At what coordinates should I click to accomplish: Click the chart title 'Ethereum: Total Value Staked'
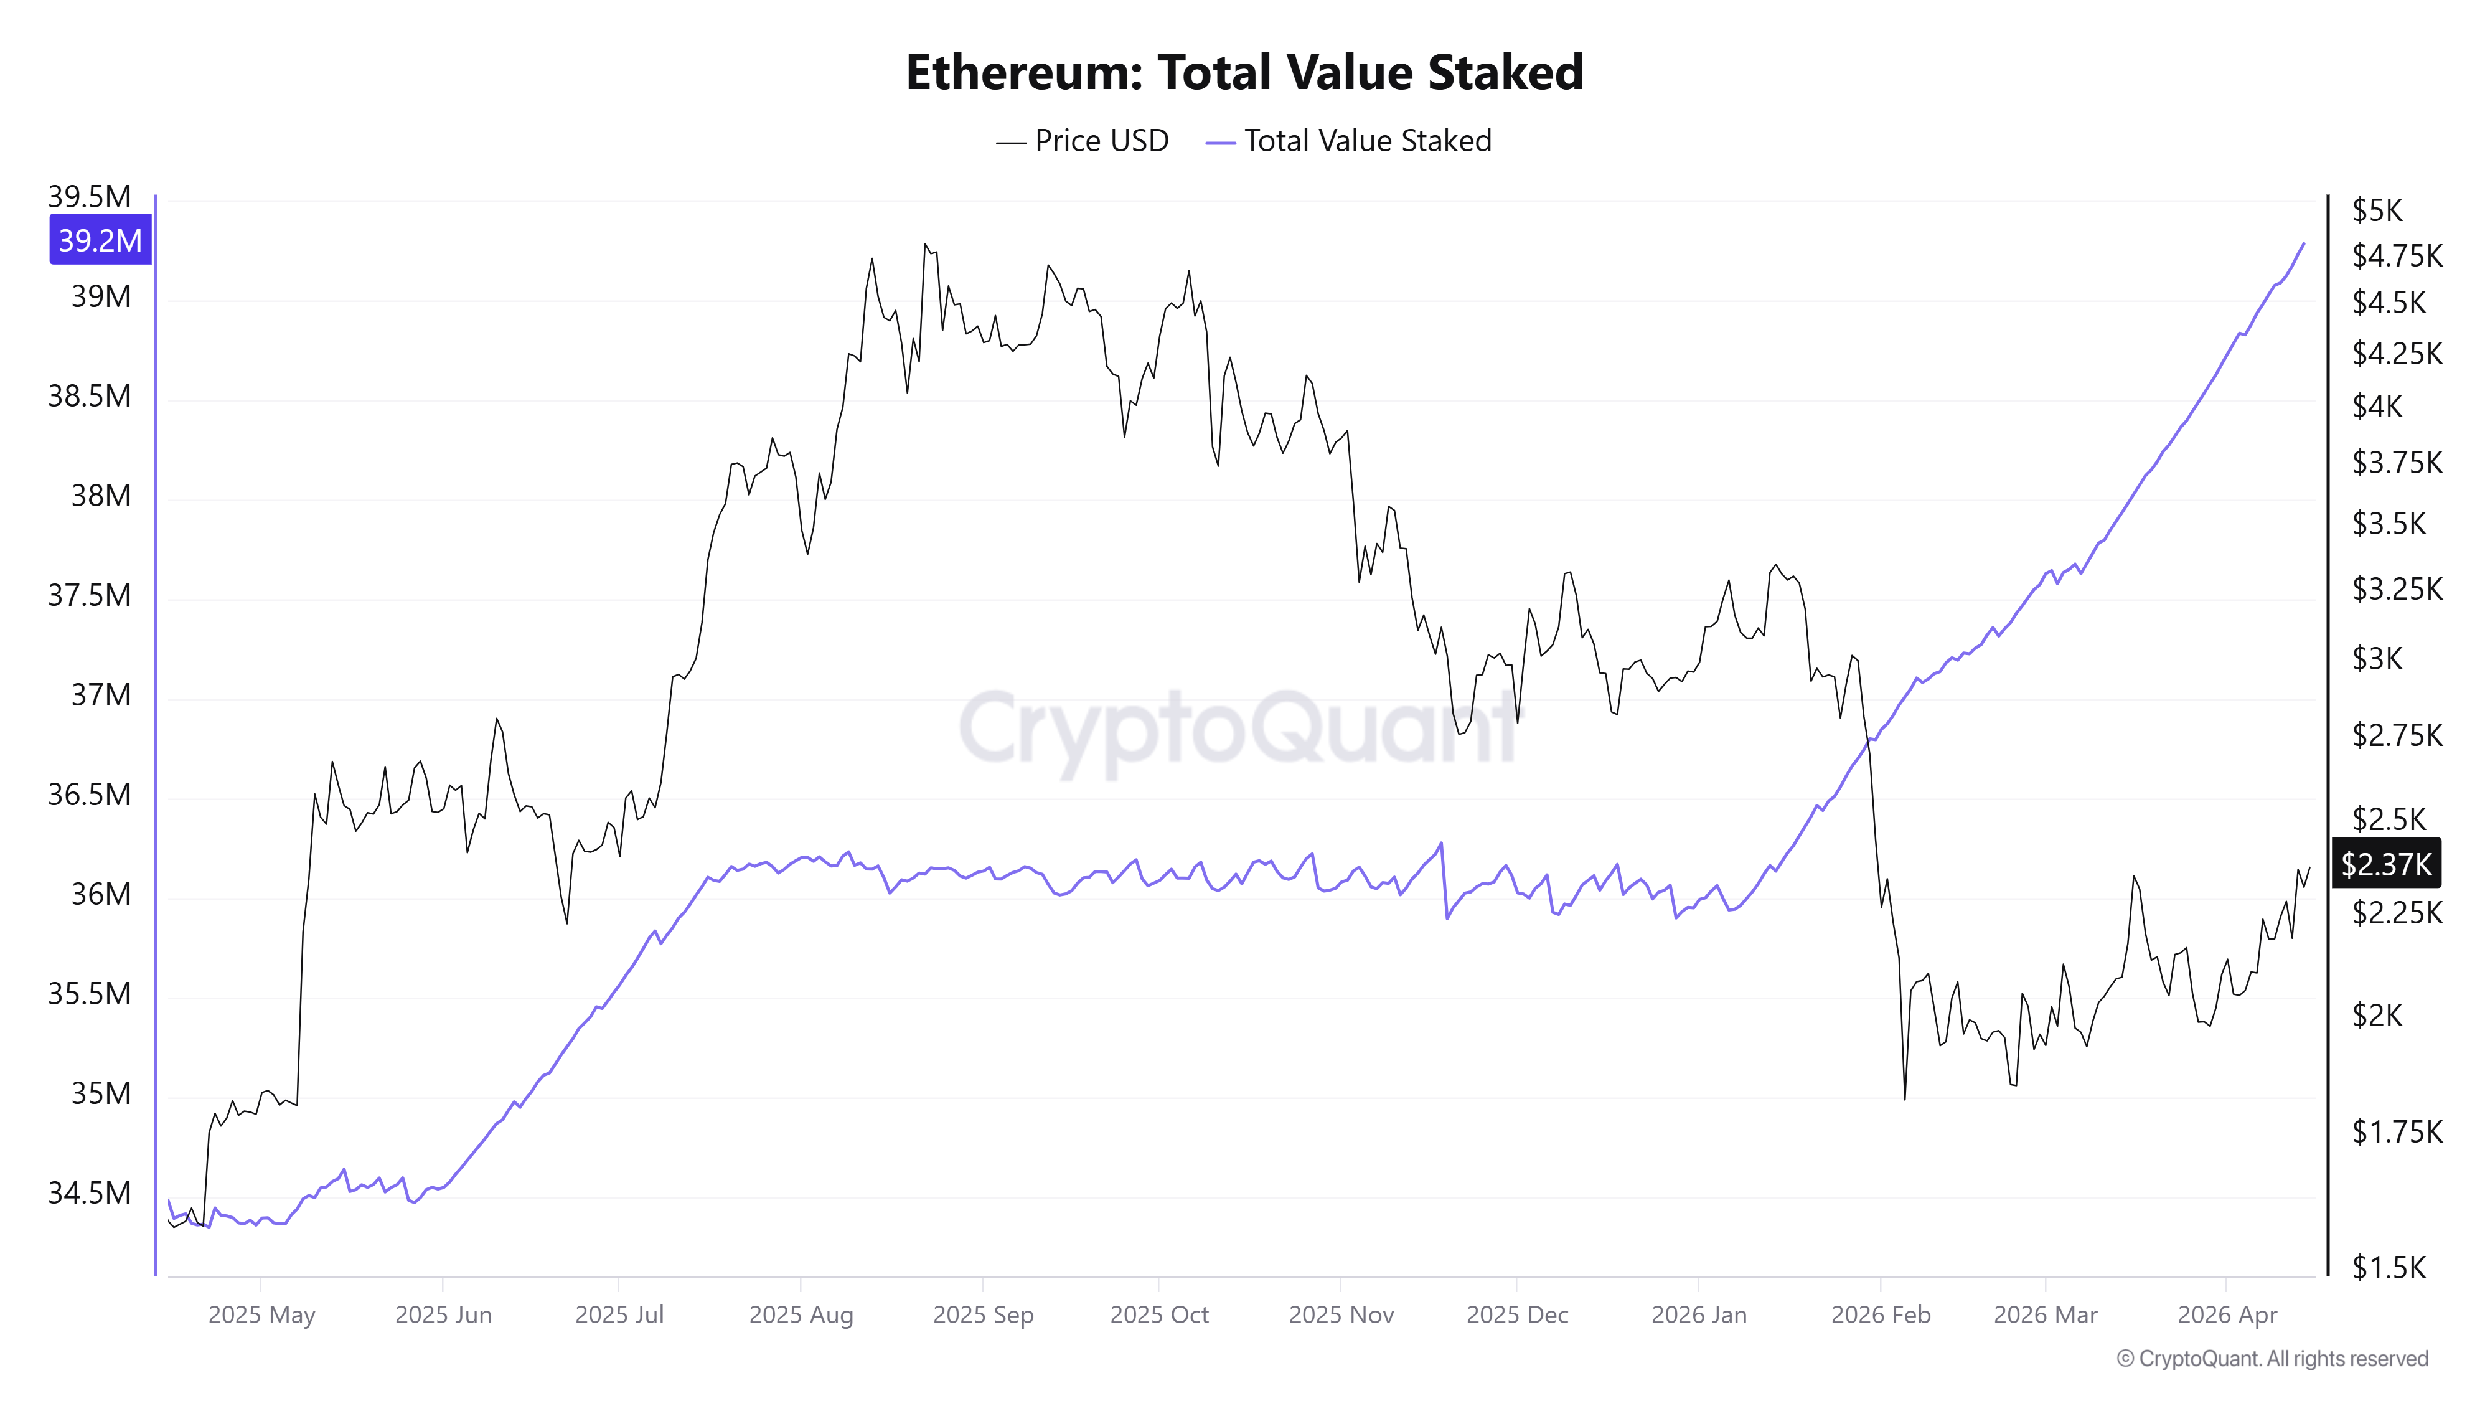1244,72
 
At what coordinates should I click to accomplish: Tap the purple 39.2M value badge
100,240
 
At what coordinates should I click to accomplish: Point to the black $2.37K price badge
2385,864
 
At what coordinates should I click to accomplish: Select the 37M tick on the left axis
100,694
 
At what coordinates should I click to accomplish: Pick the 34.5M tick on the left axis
90,1192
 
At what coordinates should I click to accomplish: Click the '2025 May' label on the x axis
261,1315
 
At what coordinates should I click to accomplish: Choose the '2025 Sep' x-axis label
983,1315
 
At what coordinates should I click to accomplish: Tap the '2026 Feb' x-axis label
1880,1315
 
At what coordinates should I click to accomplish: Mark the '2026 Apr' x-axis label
2227,1315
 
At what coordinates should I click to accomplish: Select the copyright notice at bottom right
2272,1359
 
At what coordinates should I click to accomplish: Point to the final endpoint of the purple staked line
2304,243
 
